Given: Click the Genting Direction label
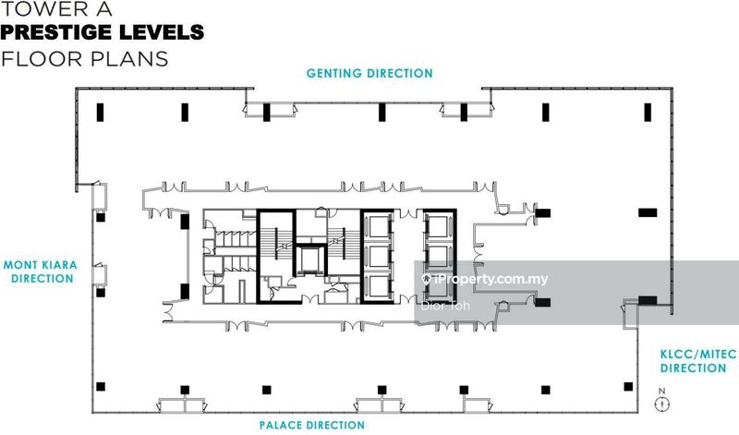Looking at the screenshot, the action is click(369, 74).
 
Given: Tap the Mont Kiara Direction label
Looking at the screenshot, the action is click(41, 272).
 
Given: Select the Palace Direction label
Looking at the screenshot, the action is click(312, 425).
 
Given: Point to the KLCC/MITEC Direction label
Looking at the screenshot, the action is click(698, 361).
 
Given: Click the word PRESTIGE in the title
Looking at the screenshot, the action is click(56, 32).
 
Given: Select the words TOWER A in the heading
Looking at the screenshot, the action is click(56, 8).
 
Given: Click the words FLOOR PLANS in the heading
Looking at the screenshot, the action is click(85, 59).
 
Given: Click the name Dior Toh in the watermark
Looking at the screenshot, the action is click(445, 306).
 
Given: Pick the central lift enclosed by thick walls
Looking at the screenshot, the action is click(310, 260).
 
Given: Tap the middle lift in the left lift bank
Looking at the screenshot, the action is click(378, 257).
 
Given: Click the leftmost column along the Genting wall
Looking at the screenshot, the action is click(100, 112).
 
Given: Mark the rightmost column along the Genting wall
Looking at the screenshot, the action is click(648, 112).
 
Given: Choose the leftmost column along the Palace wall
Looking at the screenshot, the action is click(101, 386).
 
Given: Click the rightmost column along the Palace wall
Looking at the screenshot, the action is click(628, 386).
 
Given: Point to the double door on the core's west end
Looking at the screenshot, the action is click(167, 312).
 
